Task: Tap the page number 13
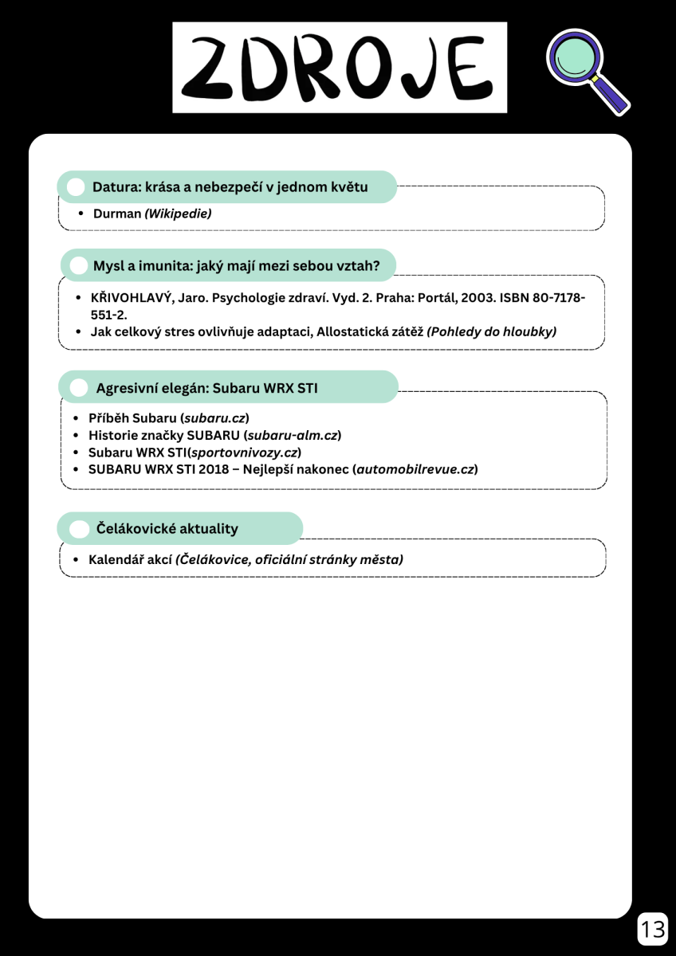pyautogui.click(x=652, y=929)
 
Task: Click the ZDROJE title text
pyautogui.click(x=340, y=68)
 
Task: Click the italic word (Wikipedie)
pyautogui.click(x=178, y=214)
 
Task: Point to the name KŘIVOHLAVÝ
pyautogui.click(x=127, y=297)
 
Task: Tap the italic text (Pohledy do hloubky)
pyautogui.click(x=491, y=331)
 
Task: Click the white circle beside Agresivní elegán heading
pyautogui.click(x=79, y=388)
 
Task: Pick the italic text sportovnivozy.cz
pyautogui.click(x=244, y=453)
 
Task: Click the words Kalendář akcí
pyautogui.click(x=130, y=559)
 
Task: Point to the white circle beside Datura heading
pyautogui.click(x=76, y=187)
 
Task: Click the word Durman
pyautogui.click(x=116, y=214)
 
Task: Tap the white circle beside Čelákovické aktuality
pyautogui.click(x=79, y=529)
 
